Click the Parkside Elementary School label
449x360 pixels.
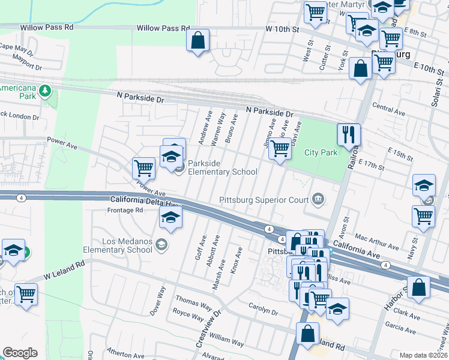pyautogui.click(x=223, y=167)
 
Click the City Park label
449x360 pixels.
pyautogui.click(x=321, y=152)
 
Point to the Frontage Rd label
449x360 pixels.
pyautogui.click(x=125, y=211)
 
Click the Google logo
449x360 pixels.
pyautogui.click(x=20, y=353)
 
